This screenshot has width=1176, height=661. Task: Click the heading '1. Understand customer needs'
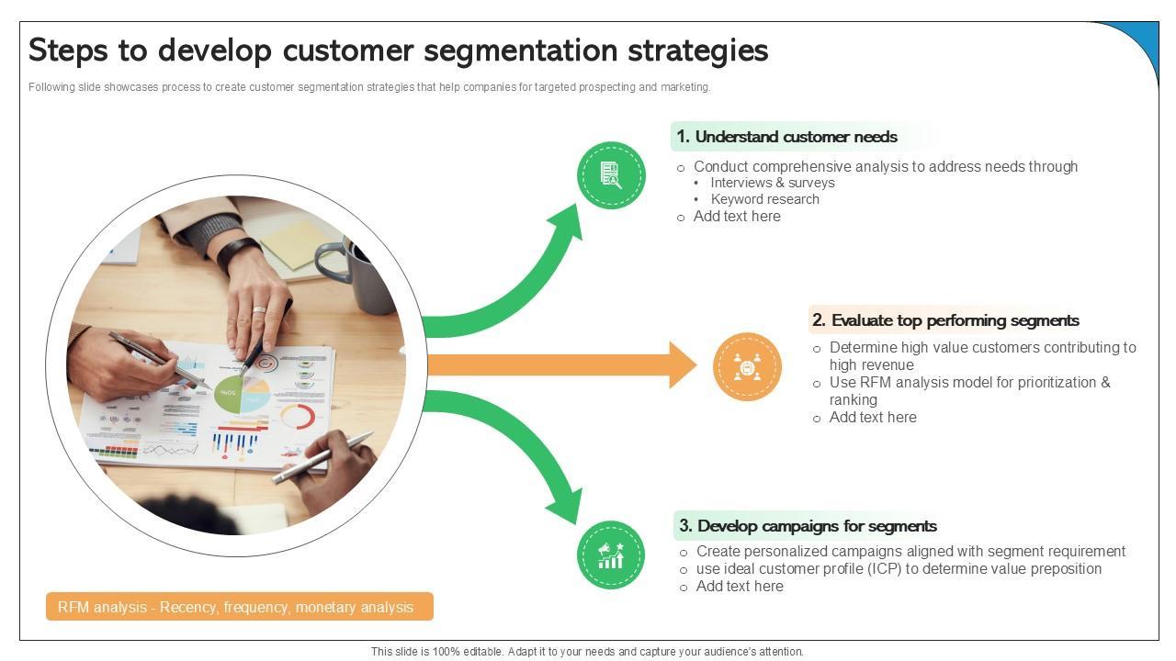click(786, 137)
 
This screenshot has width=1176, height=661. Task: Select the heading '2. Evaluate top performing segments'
click(944, 320)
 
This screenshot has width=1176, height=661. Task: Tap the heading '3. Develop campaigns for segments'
click(808, 526)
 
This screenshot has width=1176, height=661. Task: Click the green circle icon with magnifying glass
click(611, 174)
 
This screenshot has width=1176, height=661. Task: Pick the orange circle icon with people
click(747, 367)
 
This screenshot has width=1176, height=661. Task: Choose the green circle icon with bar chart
click(611, 555)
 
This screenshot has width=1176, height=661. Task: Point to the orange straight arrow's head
click(684, 365)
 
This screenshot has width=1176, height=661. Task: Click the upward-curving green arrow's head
click(570, 220)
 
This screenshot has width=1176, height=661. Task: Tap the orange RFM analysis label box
click(239, 607)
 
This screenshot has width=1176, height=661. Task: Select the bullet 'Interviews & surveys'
click(772, 183)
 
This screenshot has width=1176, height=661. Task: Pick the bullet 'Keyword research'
click(764, 199)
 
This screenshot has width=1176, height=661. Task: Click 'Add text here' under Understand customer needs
click(737, 217)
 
